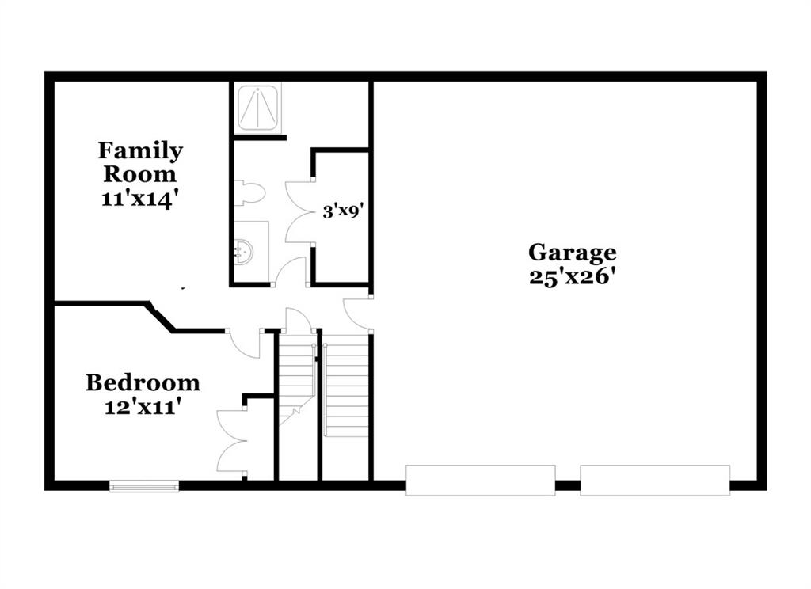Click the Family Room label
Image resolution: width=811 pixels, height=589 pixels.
point(140,161)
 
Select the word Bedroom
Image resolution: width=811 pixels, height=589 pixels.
point(143,382)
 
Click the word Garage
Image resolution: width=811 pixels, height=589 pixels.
point(572,253)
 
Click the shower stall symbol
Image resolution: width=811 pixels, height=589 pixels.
point(257,107)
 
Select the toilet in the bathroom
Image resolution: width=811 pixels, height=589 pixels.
point(249,193)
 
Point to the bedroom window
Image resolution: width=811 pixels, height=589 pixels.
point(144,485)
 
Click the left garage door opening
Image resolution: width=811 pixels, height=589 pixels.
point(480,481)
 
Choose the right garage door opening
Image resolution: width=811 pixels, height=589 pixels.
point(655,481)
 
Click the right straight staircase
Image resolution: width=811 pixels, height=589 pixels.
point(345,386)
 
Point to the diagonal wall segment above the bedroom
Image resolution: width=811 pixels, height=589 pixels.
point(161,317)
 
